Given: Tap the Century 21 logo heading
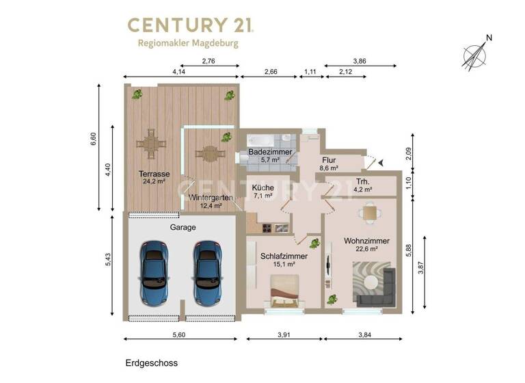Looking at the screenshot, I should [191, 25].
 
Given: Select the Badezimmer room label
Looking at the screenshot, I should [271, 153].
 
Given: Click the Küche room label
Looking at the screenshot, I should [263, 188].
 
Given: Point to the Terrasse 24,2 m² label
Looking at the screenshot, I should [152, 178].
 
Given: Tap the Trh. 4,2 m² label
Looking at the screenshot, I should [363, 185].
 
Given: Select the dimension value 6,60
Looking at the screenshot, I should [94, 139].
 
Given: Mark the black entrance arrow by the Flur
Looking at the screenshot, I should [381, 162].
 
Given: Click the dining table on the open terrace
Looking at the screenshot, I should [152, 144].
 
